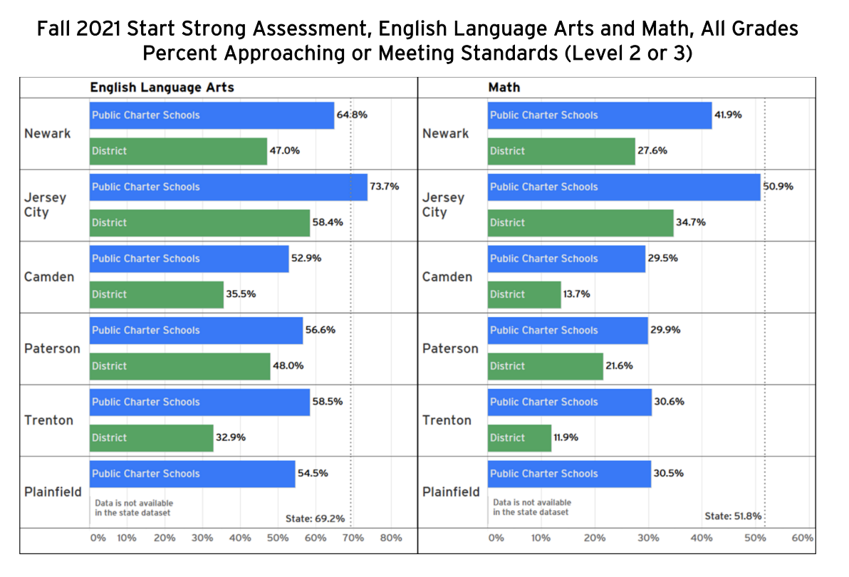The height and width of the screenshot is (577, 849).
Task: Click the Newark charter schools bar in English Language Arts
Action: (212, 115)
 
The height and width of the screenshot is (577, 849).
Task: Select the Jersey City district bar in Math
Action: (580, 223)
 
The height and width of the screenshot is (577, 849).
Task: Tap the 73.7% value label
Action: (385, 187)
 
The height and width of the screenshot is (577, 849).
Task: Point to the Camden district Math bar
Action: (524, 294)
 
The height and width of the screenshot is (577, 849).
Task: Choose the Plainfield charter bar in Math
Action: (568, 474)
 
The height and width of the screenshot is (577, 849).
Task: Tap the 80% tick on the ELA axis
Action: (391, 538)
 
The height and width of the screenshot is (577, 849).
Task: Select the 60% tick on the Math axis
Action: (802, 538)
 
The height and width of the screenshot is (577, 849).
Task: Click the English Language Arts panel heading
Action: (162, 88)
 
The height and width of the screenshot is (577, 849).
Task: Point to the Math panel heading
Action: (504, 88)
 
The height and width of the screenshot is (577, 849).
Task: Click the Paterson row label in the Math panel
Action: (450, 349)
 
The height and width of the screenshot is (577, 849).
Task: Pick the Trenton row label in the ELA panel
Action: (48, 420)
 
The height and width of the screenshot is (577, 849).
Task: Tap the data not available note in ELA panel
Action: (132, 508)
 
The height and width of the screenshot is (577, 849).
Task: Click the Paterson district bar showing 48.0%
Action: (179, 366)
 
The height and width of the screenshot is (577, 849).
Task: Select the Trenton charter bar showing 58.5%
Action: (199, 402)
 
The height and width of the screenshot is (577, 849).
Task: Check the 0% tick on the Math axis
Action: (496, 538)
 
